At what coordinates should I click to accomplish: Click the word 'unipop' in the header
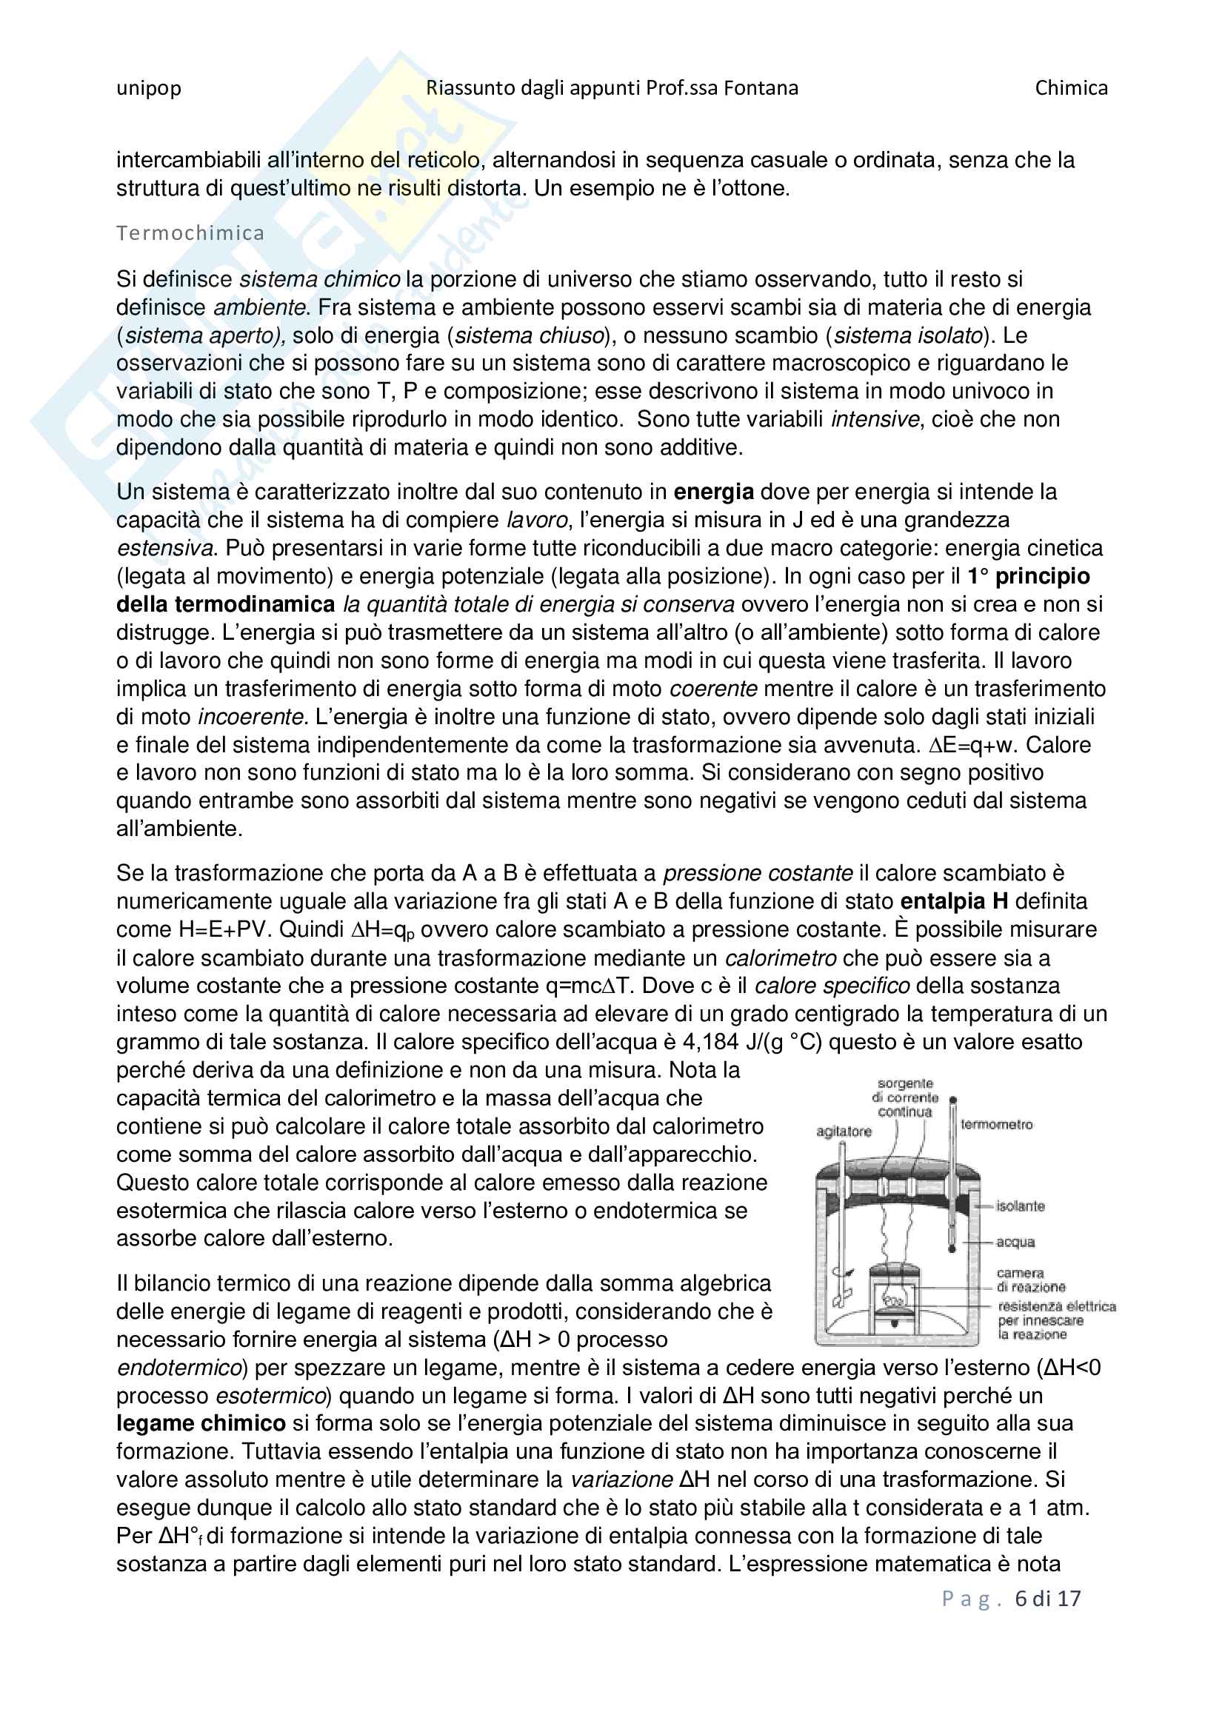(x=149, y=88)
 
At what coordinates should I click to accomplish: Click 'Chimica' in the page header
(x=1070, y=88)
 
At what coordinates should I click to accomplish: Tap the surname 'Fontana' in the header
(x=761, y=88)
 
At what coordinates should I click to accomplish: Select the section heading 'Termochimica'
(x=190, y=233)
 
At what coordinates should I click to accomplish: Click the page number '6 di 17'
(x=1047, y=1599)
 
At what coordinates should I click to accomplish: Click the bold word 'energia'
(x=712, y=492)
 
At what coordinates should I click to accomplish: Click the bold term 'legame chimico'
(x=201, y=1423)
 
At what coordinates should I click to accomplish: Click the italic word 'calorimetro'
(x=780, y=958)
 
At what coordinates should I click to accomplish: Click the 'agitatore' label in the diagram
(x=844, y=1131)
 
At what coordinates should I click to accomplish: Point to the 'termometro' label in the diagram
(x=995, y=1125)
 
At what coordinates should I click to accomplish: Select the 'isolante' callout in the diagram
(x=1020, y=1206)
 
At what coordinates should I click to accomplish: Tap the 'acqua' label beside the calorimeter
(x=1015, y=1242)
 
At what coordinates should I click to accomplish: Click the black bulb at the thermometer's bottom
(x=952, y=1248)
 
